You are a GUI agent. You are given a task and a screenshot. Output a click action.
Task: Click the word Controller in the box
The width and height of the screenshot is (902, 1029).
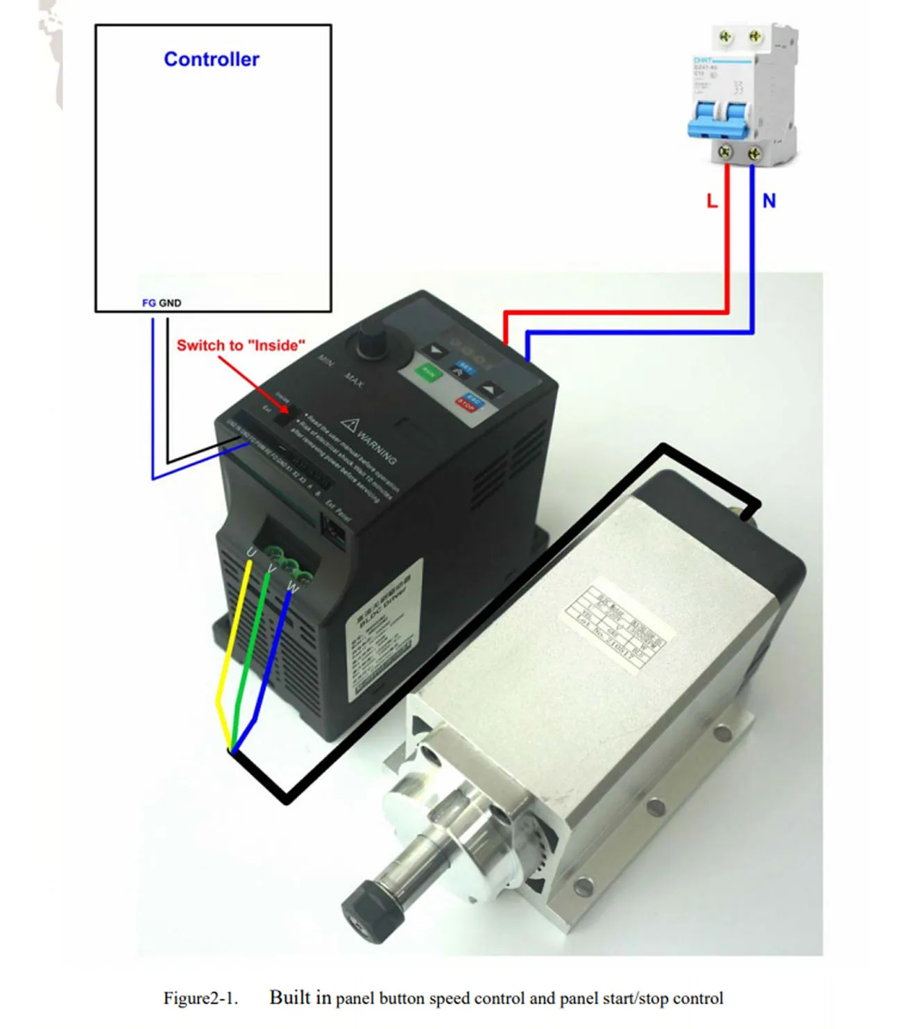[211, 60]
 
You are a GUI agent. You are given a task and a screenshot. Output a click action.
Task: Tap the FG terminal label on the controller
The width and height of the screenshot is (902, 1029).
[148, 303]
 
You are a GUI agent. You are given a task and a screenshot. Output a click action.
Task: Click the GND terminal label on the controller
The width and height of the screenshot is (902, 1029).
[170, 303]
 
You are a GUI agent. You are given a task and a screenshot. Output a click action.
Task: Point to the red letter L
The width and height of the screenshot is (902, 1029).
[711, 201]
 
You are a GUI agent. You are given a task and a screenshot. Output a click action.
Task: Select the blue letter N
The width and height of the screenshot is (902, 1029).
[769, 201]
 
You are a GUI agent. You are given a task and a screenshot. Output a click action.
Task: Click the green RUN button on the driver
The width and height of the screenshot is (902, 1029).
[429, 373]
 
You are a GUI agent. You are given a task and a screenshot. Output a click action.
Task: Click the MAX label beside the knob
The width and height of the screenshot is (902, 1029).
[354, 380]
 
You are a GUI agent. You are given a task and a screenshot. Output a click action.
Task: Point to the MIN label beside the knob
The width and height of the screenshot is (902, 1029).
[326, 359]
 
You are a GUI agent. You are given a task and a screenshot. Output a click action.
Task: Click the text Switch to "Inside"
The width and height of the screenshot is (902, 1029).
[241, 346]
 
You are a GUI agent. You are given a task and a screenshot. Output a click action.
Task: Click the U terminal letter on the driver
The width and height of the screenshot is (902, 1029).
[251, 552]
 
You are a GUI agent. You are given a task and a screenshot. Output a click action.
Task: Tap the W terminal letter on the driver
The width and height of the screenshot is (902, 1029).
[292, 588]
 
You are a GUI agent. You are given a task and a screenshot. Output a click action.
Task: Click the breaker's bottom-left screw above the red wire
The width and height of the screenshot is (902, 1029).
[725, 151]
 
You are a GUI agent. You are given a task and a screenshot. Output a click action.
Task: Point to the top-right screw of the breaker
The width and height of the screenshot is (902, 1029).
[756, 35]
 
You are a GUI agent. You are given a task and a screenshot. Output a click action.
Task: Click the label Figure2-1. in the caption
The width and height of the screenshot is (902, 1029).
[200, 998]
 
